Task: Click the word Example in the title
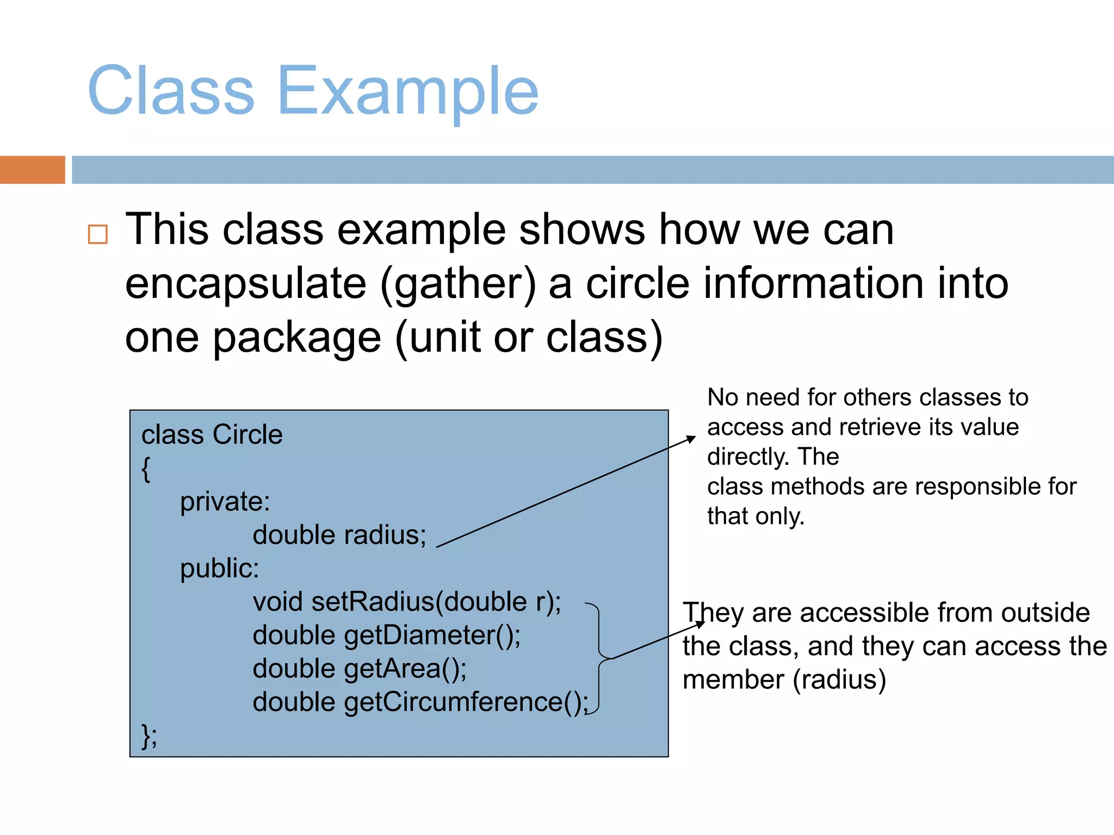coord(408,91)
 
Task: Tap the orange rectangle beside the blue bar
coord(32,170)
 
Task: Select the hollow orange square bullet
coord(98,234)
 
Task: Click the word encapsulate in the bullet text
coord(246,284)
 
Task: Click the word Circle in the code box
coord(247,435)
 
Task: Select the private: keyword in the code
coord(225,501)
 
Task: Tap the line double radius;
coord(339,535)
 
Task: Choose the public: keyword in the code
coord(219,569)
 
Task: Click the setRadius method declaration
coord(407,602)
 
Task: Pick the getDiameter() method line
coord(386,635)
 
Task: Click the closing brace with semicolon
coord(149,737)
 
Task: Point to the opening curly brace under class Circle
coord(146,469)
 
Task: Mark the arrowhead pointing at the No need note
coord(691,439)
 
